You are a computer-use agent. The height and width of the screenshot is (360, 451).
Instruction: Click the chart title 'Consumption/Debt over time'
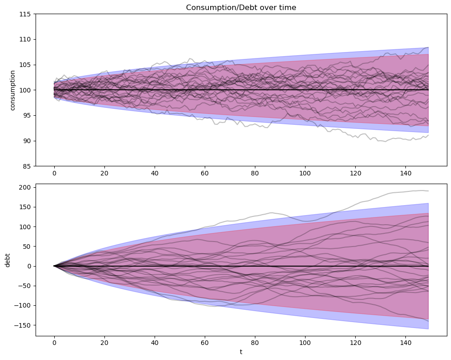click(241, 7)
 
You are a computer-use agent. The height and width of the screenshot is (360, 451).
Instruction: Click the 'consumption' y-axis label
click(12, 90)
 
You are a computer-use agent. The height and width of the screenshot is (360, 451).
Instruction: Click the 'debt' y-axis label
click(7, 260)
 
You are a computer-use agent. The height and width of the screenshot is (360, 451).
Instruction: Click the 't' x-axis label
click(241, 352)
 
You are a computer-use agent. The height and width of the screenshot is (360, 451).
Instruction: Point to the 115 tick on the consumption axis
click(25, 14)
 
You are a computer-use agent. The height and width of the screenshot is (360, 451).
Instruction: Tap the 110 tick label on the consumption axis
click(25, 40)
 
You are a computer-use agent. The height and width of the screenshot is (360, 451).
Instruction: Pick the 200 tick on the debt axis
click(25, 187)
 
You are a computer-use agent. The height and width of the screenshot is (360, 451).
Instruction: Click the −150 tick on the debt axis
click(23, 325)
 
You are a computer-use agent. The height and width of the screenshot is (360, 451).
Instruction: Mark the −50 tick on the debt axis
click(25, 286)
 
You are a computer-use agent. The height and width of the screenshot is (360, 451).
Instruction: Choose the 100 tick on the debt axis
click(25, 227)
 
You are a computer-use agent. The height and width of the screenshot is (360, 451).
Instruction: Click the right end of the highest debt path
click(428, 191)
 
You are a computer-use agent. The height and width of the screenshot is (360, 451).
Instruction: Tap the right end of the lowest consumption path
click(428, 135)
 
